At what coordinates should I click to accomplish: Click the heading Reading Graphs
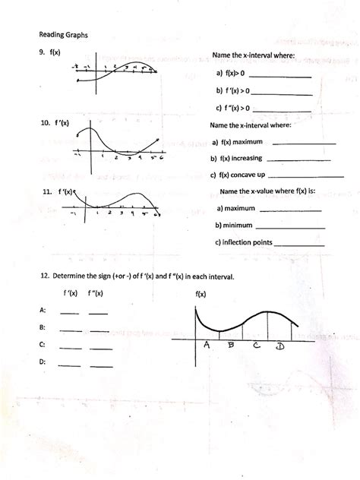click(x=62, y=35)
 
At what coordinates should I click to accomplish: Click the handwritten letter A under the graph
click(x=206, y=346)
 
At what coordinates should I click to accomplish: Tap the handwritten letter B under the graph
click(x=231, y=346)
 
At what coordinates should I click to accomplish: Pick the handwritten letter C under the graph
click(x=257, y=347)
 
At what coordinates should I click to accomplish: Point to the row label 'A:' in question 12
click(x=42, y=311)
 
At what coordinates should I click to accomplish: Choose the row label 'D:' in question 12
click(x=42, y=364)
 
